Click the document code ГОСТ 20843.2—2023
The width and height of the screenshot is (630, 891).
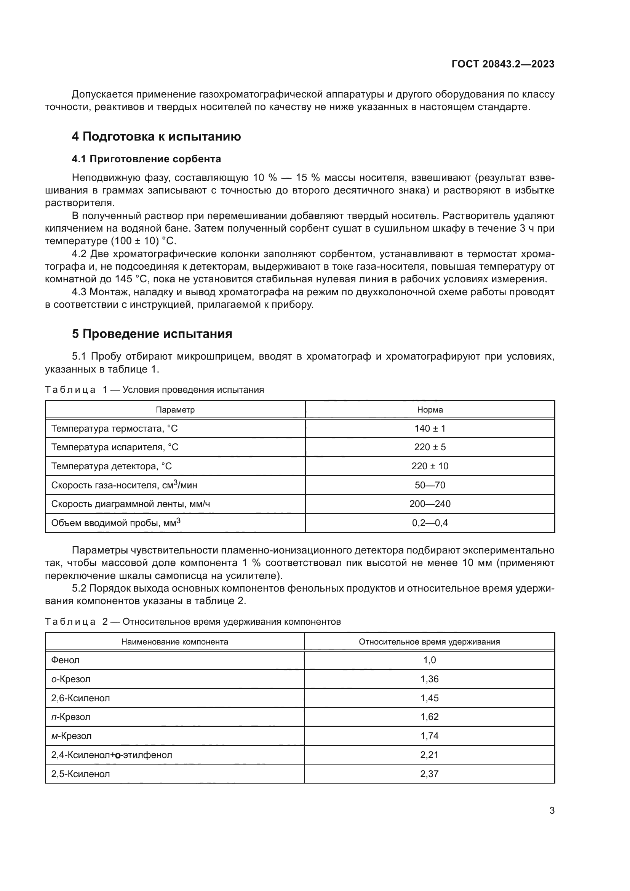[x=503, y=64]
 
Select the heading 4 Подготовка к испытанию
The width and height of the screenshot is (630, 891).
[x=156, y=137]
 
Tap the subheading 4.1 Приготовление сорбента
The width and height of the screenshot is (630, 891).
[x=146, y=159]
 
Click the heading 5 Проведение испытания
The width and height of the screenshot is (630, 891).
[x=152, y=334]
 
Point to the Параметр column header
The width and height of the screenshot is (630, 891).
[x=175, y=410]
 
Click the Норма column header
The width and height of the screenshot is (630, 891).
[x=430, y=410]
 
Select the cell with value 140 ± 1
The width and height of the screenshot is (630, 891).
[x=430, y=429]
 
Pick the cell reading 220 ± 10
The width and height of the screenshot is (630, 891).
[x=430, y=466]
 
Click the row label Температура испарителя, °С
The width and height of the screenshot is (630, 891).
[x=115, y=447]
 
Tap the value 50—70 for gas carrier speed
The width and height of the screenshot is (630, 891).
[x=430, y=485]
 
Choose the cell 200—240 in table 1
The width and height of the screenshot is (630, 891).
[x=430, y=504]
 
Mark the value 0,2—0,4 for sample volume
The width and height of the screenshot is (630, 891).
[x=430, y=523]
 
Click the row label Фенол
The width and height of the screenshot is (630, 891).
[x=65, y=660]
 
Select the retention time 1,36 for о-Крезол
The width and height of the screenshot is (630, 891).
[x=429, y=679]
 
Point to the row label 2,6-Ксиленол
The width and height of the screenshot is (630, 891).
[x=80, y=698]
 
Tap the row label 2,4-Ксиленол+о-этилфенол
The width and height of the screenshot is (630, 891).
[x=112, y=754]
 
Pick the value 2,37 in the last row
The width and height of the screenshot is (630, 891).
[x=429, y=773]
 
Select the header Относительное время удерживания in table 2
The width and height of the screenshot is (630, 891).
[x=429, y=641]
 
